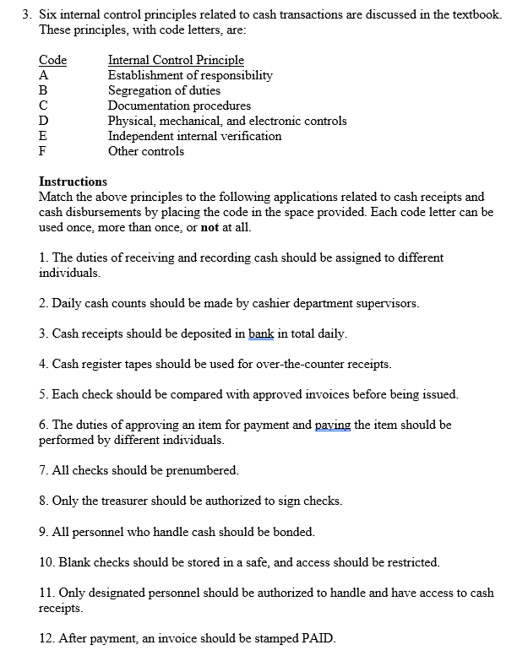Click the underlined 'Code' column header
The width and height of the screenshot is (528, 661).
point(52,60)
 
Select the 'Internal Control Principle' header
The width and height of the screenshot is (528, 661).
point(176,60)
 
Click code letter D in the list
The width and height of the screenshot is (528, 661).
point(44,121)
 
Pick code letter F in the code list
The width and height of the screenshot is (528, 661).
point(43,151)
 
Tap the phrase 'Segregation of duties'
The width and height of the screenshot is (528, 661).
point(164,90)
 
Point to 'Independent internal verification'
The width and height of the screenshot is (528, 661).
point(194,136)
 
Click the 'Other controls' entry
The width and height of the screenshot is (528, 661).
point(145,151)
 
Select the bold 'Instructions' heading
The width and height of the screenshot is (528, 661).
point(73,182)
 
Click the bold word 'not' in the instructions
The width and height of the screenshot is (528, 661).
point(210,227)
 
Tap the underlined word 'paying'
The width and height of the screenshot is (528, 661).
point(333,425)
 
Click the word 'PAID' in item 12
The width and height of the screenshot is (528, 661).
point(317,637)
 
